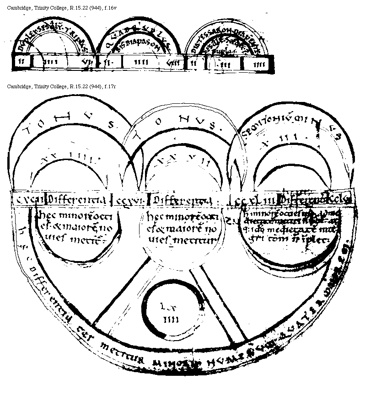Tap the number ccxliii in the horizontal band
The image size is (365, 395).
click(259, 200)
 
